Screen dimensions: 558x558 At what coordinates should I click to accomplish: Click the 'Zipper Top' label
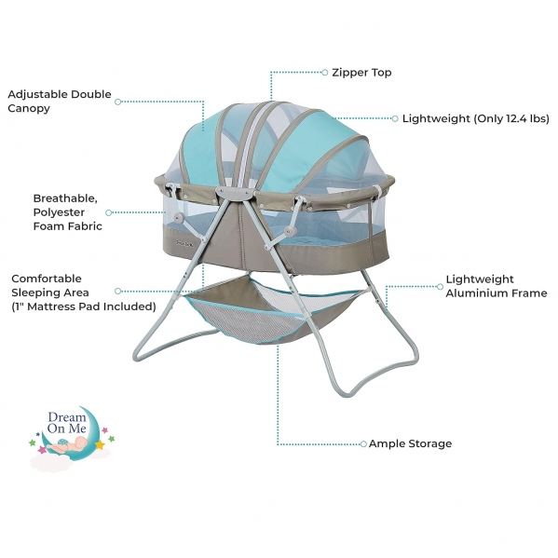pos(361,73)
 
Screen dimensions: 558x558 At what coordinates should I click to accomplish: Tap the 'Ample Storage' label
pos(410,443)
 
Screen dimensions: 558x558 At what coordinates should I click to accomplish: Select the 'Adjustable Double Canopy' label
pos(60,101)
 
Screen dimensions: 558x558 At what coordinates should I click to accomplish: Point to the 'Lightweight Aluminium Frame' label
pos(497,286)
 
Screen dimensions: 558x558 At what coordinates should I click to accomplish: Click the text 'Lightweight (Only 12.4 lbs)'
pos(476,118)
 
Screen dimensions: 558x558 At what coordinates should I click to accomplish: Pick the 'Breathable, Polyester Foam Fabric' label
pos(68,212)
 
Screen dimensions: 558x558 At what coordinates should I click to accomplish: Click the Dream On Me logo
pos(72,436)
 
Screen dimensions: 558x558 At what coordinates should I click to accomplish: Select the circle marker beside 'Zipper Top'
pos(324,73)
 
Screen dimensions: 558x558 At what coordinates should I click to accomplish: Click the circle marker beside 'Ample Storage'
pos(363,443)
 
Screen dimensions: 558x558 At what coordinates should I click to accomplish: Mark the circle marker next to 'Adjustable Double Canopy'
pos(118,102)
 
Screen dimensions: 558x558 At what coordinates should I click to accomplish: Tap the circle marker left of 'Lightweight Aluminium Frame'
pos(440,287)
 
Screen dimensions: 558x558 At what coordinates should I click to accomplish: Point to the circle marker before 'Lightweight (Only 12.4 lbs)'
pos(395,118)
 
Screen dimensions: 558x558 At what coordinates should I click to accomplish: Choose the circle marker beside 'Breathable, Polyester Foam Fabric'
pos(109,212)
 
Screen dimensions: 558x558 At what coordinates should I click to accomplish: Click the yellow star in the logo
pos(100,445)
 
